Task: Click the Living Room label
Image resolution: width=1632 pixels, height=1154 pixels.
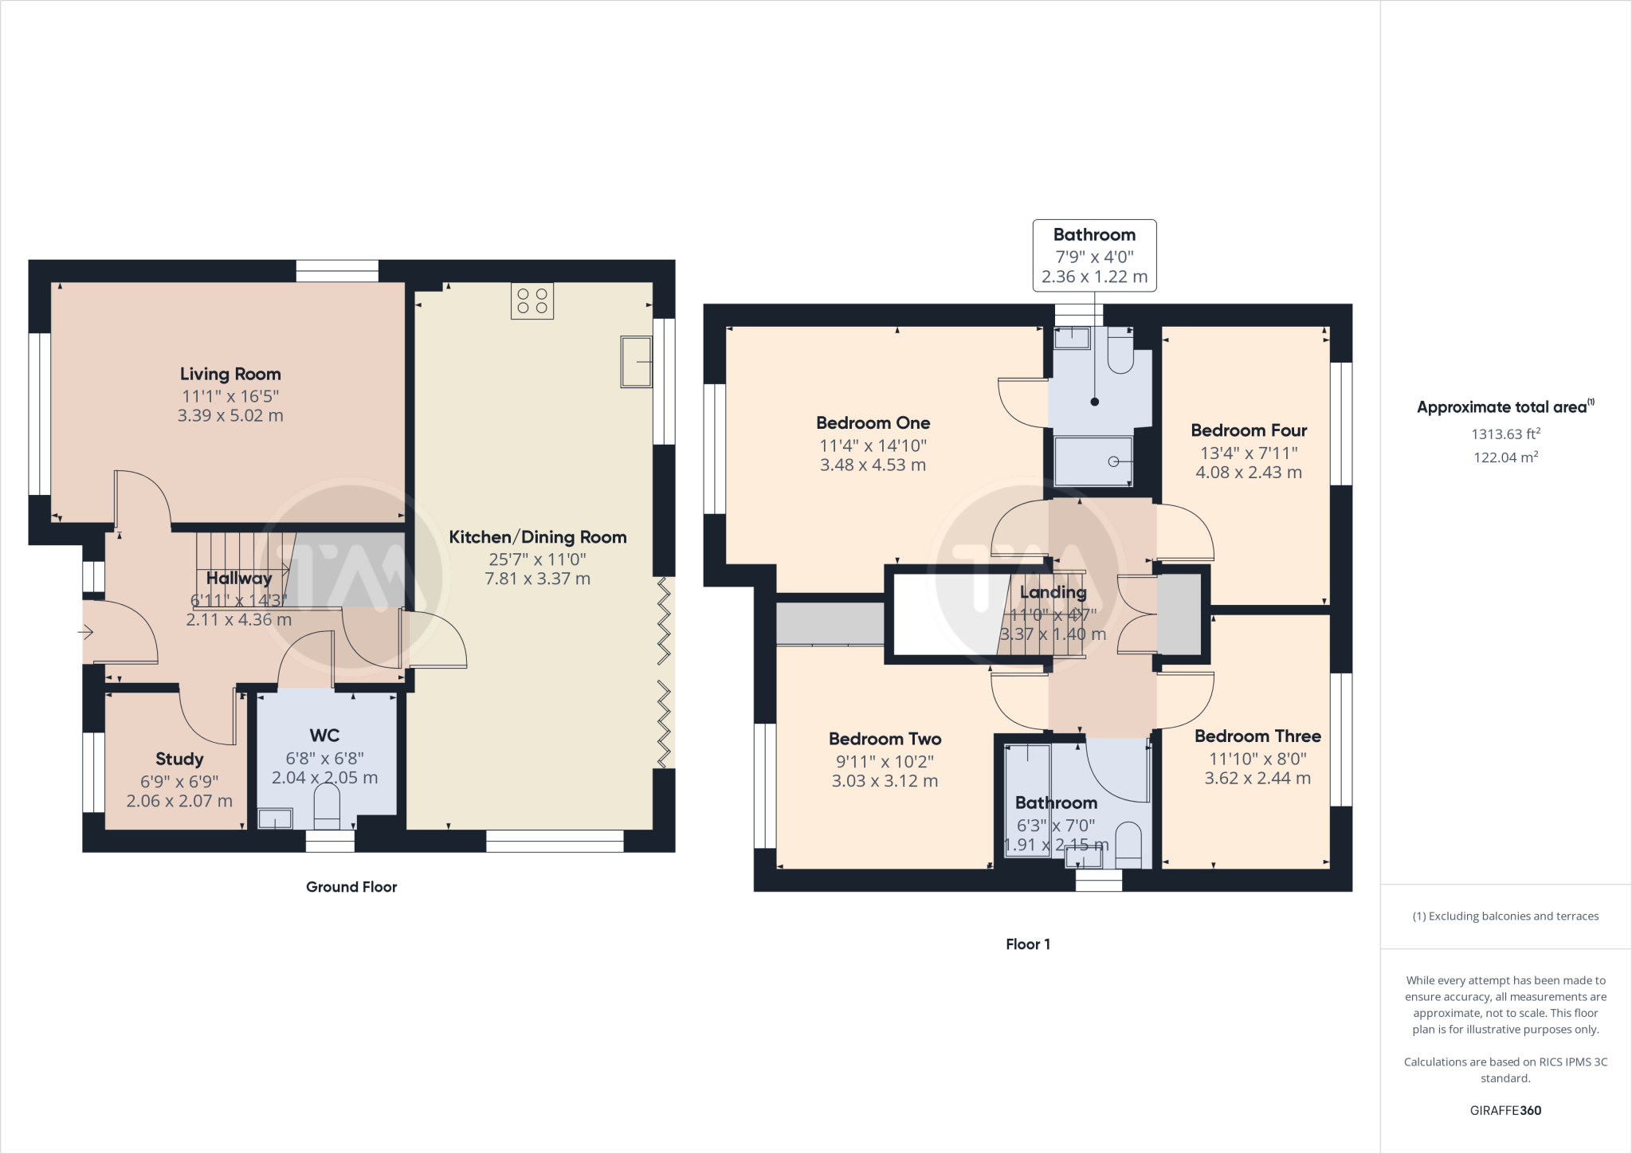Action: point(230,374)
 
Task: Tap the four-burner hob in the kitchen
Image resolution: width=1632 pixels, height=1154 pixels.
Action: point(532,301)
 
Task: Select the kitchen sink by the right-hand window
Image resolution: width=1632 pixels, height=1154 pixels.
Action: point(636,362)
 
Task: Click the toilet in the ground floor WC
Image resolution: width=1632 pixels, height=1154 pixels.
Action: point(327,807)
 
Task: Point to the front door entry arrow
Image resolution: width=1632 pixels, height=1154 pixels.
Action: point(86,633)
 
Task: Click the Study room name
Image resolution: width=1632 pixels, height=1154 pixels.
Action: point(179,759)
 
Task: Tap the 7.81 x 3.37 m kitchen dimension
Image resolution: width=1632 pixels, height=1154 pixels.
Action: point(537,579)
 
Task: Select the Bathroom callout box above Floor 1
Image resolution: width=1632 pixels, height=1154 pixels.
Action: point(1094,256)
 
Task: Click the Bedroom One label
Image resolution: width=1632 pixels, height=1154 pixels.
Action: point(873,423)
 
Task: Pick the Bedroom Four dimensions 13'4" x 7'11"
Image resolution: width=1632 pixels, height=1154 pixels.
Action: point(1249,453)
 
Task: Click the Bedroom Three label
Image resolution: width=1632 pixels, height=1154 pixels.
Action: point(1257,736)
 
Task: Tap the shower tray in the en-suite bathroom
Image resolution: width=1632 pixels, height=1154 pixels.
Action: point(1093,461)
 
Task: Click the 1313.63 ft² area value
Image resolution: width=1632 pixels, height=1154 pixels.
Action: point(1505,434)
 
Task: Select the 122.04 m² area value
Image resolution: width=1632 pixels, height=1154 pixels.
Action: point(1505,457)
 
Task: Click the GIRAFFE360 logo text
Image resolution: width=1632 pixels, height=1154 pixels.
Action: point(1505,1110)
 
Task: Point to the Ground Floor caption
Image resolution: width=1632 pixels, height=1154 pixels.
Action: point(351,887)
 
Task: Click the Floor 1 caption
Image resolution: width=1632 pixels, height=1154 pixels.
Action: point(1028,944)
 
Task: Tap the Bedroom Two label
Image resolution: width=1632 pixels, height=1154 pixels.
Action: point(885,739)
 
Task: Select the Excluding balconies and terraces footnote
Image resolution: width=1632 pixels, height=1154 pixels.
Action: point(1505,917)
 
